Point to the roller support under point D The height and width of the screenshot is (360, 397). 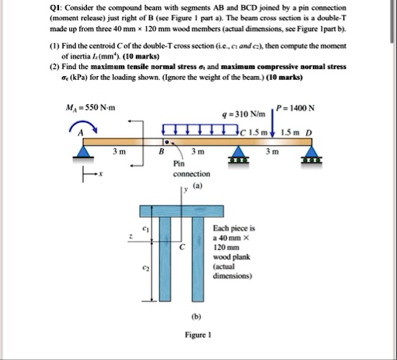coord(310,152)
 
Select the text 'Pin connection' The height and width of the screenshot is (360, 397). coord(191,169)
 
